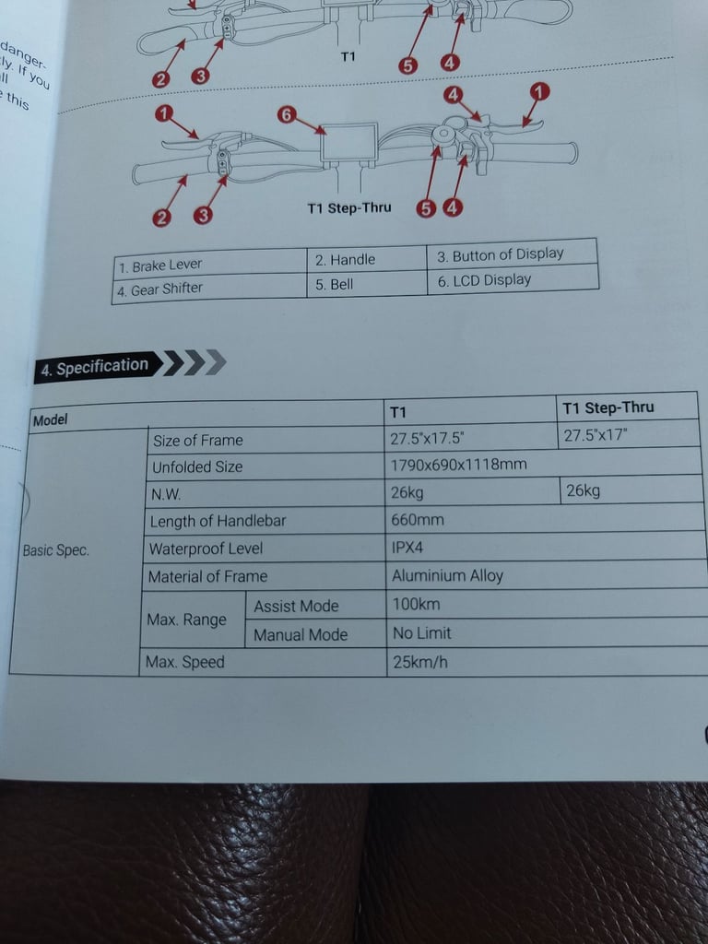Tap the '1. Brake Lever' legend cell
159,266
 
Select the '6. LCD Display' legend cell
485,280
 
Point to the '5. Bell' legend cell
335,284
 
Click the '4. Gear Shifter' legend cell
159,289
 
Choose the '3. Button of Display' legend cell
500,255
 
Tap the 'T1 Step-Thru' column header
608,407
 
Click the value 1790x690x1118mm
458,464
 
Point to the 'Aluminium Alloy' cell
447,576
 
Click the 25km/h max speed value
420,662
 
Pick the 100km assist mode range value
416,605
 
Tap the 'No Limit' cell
422,633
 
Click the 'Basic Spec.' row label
56,550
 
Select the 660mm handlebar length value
418,520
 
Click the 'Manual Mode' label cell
301,634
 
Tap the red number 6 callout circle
287,115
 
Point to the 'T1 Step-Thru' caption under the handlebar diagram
348,208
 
